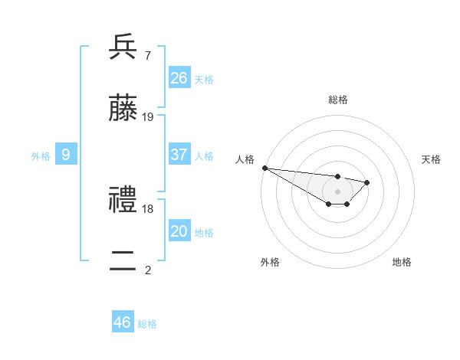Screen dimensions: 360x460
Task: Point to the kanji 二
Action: point(123,262)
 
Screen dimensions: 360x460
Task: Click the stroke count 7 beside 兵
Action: point(147,55)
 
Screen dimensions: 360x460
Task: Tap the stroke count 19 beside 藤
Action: point(148,117)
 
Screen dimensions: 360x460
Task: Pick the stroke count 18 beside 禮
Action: point(148,208)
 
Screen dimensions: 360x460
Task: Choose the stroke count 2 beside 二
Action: point(148,270)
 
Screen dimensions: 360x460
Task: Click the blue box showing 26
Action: point(179,77)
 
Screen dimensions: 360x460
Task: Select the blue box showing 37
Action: point(179,155)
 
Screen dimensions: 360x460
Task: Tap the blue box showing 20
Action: point(179,231)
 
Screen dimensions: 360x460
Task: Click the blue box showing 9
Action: point(66,155)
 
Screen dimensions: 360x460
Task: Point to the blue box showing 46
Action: point(123,322)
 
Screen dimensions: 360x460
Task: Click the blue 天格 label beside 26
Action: point(204,79)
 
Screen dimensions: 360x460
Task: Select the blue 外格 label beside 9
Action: point(41,156)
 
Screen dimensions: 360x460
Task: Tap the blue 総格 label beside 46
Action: point(147,324)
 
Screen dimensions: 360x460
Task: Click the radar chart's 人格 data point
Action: point(264,168)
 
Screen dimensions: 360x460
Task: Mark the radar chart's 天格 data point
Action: point(368,182)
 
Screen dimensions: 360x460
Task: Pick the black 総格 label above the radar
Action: point(338,100)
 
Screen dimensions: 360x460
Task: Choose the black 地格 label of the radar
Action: point(402,262)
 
